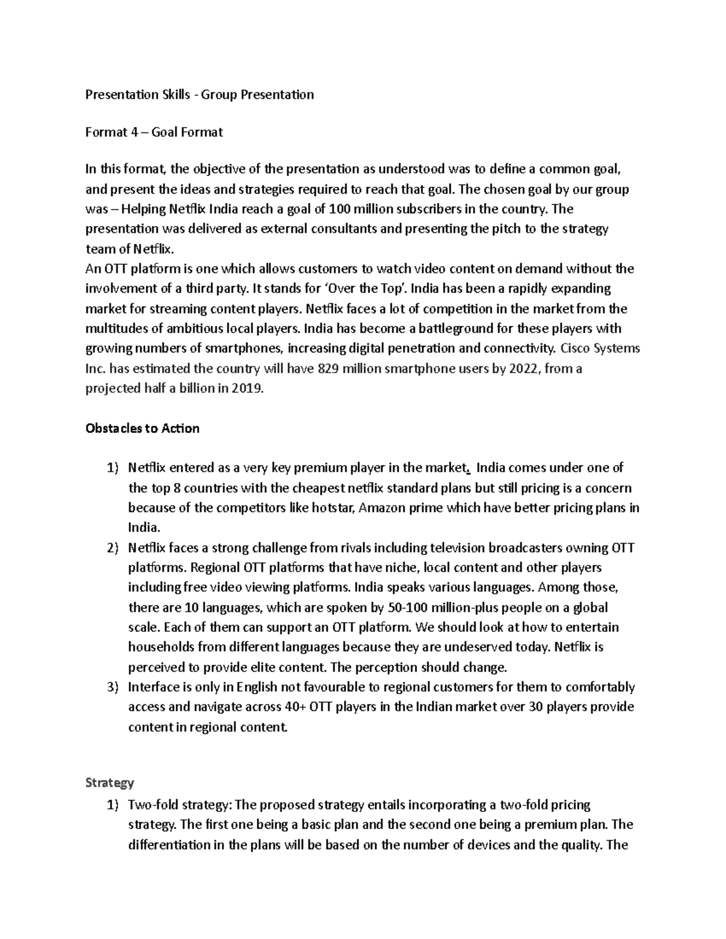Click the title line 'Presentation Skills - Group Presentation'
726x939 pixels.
(x=200, y=94)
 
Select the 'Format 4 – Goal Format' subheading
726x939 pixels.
(x=154, y=132)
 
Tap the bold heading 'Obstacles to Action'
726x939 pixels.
(x=143, y=429)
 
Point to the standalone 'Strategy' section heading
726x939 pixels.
(x=110, y=783)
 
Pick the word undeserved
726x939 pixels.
(x=478, y=647)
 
